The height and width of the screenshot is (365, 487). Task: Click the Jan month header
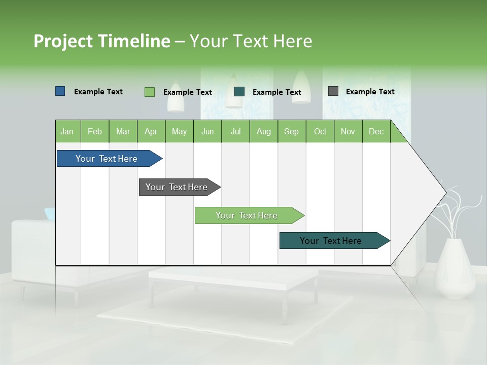67,131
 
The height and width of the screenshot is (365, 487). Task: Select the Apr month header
151,131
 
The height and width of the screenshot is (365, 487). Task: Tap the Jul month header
235,131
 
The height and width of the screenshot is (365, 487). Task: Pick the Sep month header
291,131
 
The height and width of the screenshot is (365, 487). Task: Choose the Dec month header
376,131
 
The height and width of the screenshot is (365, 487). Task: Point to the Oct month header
320,131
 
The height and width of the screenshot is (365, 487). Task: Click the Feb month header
95,131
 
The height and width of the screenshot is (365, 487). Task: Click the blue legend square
60,91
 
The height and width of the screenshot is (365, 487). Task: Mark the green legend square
149,92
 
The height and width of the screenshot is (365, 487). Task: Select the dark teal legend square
239,92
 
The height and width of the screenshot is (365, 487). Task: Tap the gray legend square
333,91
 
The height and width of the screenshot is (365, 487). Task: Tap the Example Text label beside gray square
370,91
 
